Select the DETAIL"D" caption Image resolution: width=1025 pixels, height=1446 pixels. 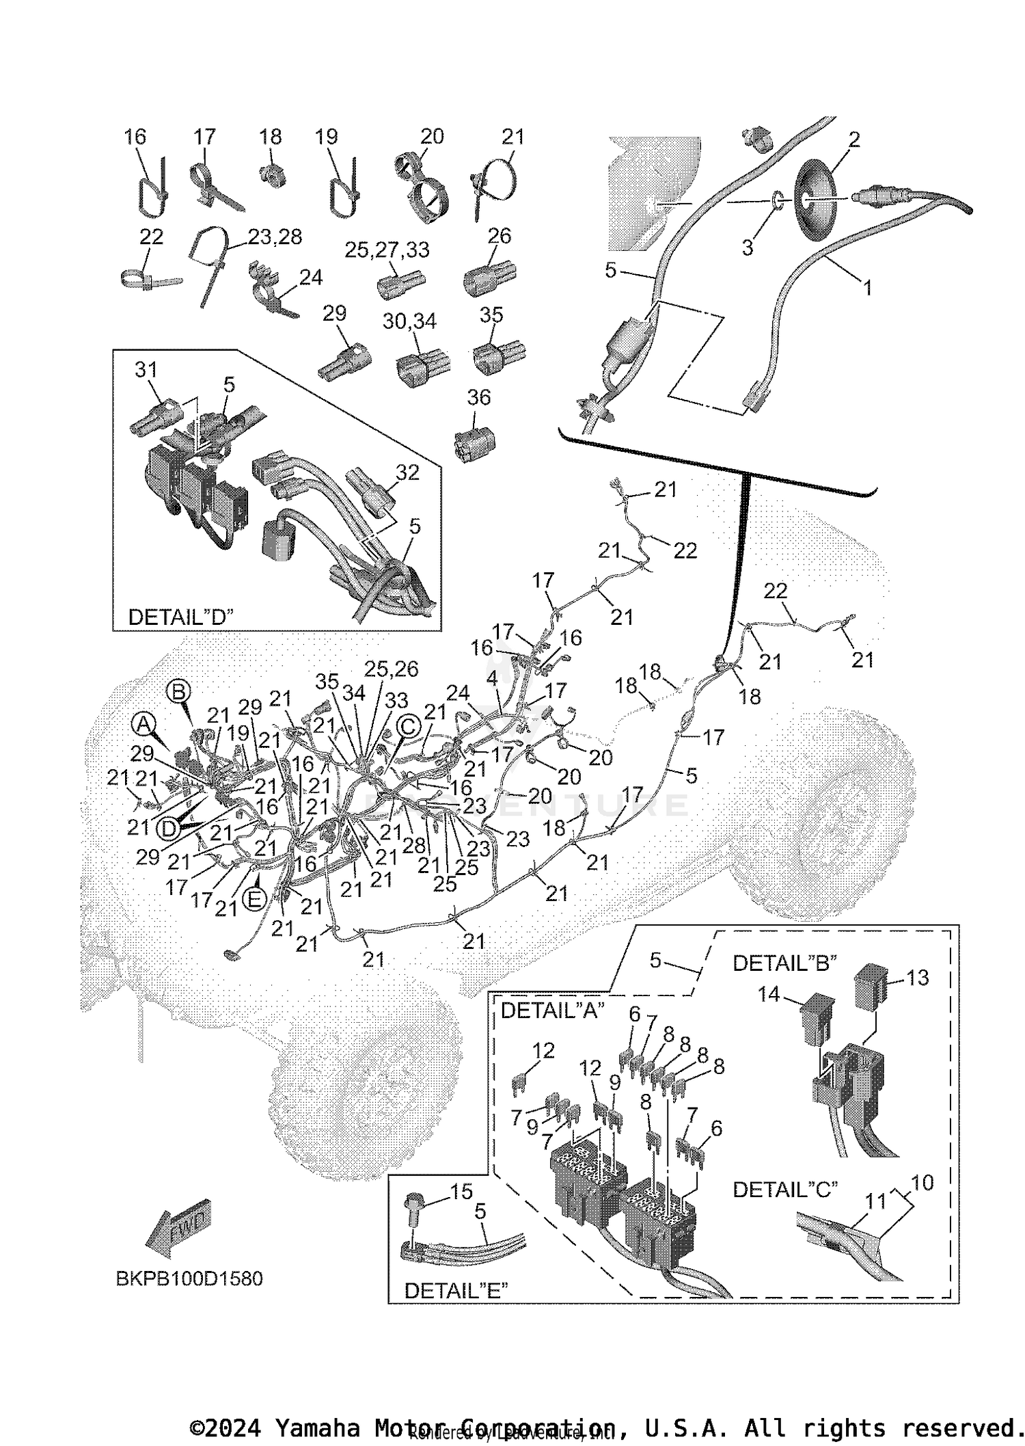[180, 617]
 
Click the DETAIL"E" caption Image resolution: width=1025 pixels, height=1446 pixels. [456, 1290]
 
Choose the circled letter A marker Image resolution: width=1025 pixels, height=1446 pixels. [143, 723]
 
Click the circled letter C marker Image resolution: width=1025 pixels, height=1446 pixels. [408, 726]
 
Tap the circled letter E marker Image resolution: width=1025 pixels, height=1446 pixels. [254, 898]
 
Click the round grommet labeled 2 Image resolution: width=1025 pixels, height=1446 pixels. [816, 199]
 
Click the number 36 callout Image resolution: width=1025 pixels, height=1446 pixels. [478, 397]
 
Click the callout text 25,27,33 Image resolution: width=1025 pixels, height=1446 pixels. [387, 250]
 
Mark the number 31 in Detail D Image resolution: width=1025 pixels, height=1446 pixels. [146, 370]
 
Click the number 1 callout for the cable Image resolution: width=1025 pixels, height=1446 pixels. [867, 288]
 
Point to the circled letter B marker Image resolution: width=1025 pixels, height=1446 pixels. [178, 692]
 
